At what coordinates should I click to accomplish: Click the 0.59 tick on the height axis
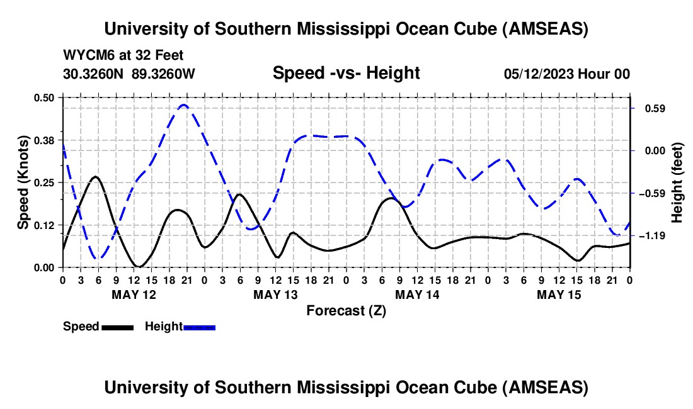(650, 109)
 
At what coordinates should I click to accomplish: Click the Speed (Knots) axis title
(23, 182)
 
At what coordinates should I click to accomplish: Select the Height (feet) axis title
(677, 182)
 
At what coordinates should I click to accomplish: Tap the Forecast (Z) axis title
(346, 310)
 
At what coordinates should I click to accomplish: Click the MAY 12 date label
(134, 294)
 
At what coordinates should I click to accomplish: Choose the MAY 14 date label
(417, 294)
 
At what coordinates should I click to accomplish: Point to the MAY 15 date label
(559, 294)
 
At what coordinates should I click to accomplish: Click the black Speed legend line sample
(117, 327)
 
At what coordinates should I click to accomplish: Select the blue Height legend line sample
(199, 327)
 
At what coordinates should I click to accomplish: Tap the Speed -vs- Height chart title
(346, 74)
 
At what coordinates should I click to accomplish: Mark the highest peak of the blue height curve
(184, 105)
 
